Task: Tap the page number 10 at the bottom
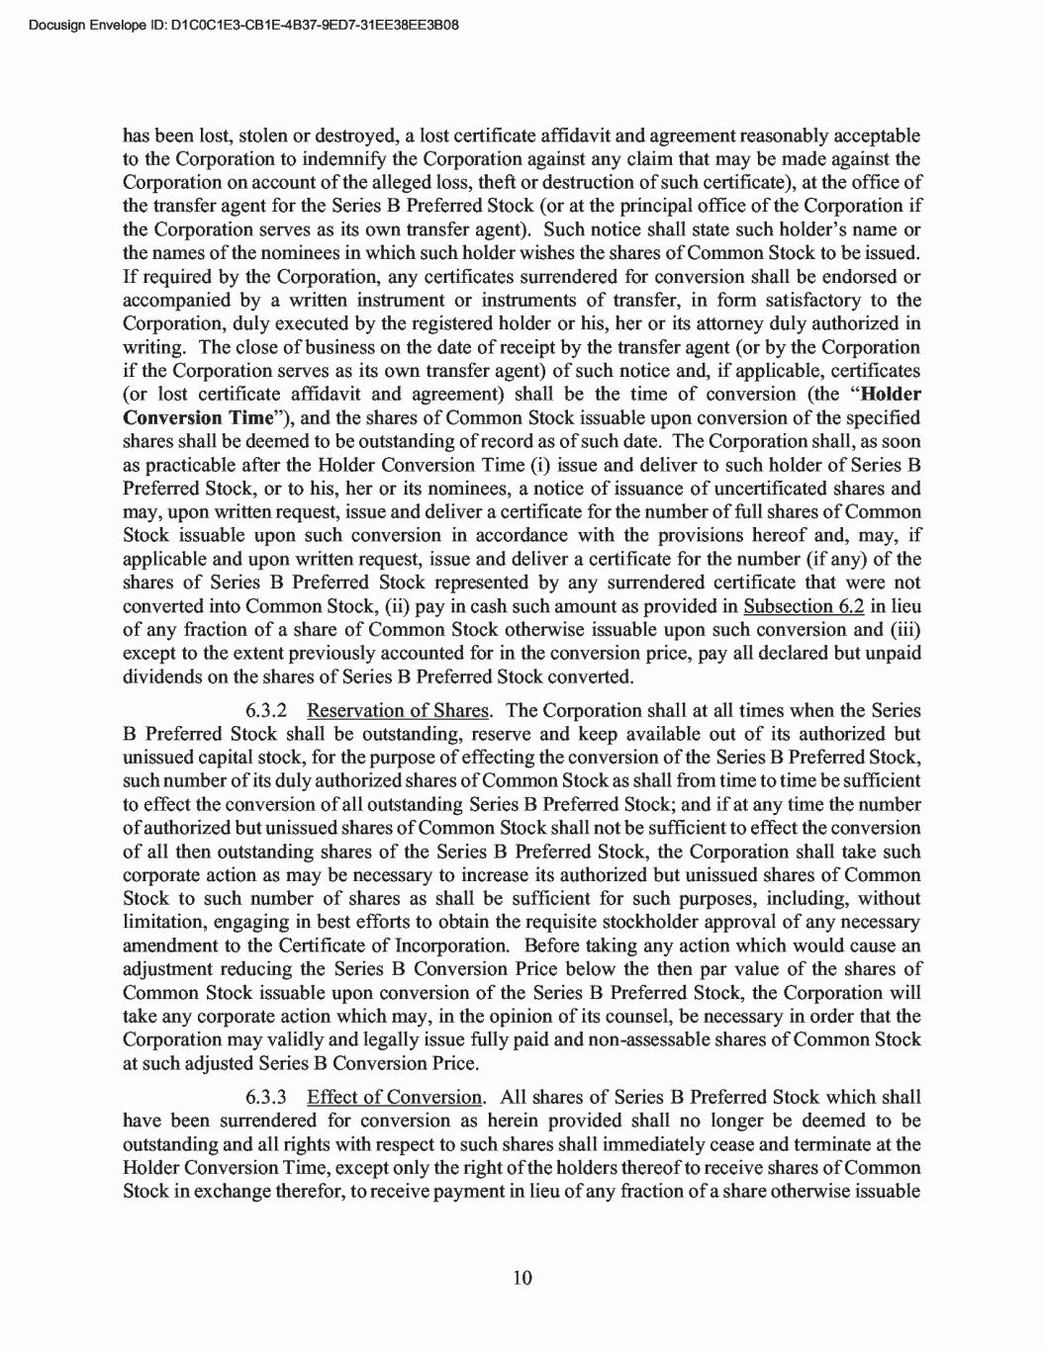(x=522, y=1278)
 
